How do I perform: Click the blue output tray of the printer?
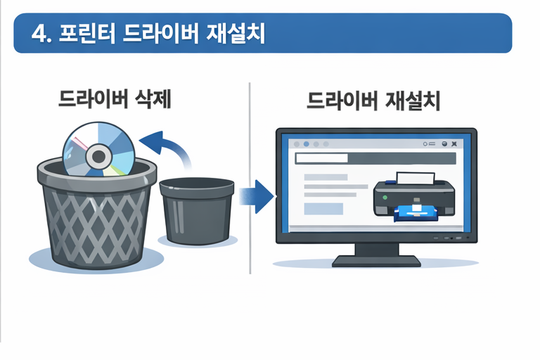coord(419,212)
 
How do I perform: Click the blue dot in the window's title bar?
coord(307,144)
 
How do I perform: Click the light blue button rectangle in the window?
coord(323,209)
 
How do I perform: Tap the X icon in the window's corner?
coord(455,144)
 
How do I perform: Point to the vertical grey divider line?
coord(250,176)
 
